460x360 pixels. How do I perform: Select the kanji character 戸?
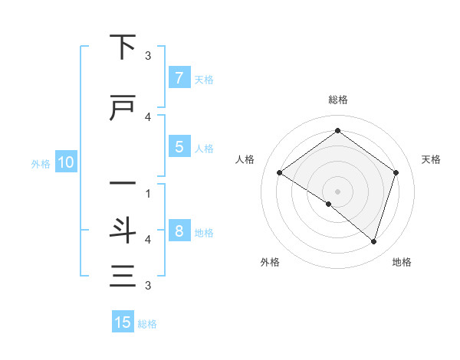coord(122,109)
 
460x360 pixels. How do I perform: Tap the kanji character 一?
coord(122,184)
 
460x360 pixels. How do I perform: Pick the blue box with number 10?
coord(64,162)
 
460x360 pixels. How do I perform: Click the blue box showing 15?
coord(123,322)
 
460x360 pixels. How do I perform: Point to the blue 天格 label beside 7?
coord(204,79)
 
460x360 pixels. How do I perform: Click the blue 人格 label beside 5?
coord(204,148)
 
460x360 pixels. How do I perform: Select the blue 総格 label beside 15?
coord(147,323)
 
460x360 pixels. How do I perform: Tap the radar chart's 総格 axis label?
coord(337,100)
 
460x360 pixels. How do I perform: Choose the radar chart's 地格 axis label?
coord(402,262)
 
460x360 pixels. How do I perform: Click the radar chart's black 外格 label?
coord(270,262)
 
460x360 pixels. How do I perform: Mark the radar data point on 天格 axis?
coord(396,172)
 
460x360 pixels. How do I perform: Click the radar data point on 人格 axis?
coord(280,172)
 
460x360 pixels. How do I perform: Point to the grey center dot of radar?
coord(337,191)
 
